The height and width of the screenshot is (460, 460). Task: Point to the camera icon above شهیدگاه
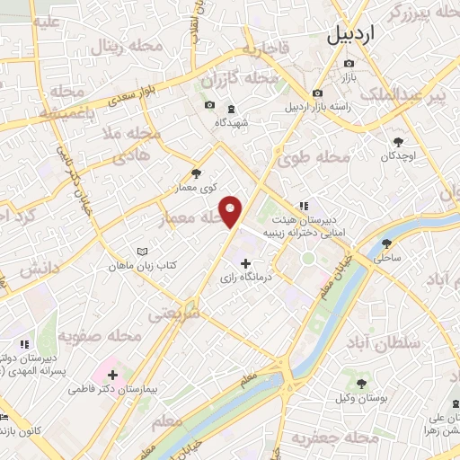[210, 104]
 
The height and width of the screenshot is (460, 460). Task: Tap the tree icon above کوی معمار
[197, 174]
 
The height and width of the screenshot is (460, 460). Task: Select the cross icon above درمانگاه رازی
[246, 262]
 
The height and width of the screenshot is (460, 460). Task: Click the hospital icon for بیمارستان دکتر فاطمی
[111, 371]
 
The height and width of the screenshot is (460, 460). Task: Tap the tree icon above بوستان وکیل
[368, 378]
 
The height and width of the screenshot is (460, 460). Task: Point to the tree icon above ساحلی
[387, 243]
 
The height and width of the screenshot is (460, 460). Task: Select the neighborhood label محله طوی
[322, 158]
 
